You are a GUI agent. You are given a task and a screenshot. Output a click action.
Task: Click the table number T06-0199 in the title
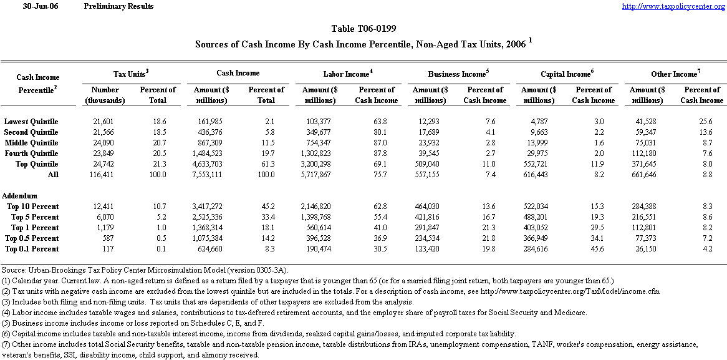point(363,29)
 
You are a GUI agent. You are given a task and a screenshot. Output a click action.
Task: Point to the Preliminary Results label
point(118,6)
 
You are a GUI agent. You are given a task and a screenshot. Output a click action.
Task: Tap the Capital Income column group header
point(566,74)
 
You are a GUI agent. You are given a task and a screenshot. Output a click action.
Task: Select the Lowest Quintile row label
point(31,120)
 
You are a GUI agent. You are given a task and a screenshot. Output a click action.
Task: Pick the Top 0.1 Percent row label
point(32,249)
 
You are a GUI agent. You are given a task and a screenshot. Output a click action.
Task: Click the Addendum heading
point(19,196)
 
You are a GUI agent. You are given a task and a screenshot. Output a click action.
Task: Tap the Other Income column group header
point(675,74)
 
